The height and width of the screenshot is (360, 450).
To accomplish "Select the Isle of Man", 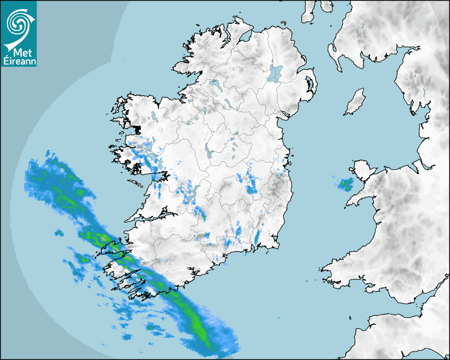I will [x=355, y=102].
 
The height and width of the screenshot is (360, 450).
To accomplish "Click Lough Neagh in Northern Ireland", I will [x=276, y=73].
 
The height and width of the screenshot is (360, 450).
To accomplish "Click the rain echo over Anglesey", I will [x=346, y=184].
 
